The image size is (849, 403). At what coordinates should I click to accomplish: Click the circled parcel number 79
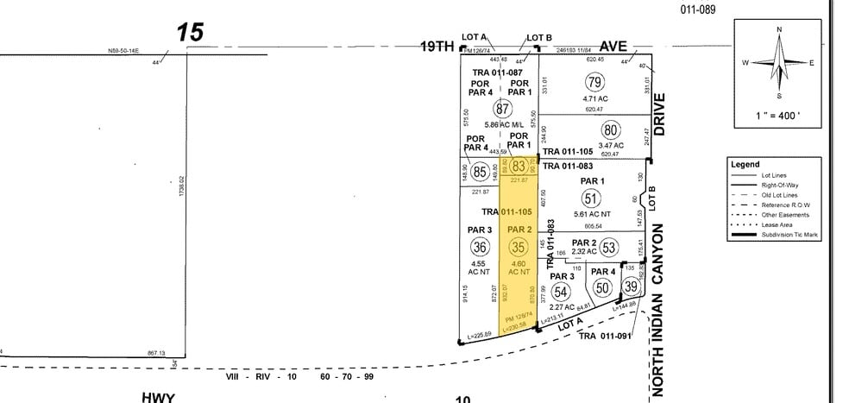click(594, 84)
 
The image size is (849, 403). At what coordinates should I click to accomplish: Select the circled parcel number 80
click(611, 130)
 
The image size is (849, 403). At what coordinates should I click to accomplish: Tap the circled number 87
click(501, 110)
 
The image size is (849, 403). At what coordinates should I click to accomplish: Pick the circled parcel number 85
click(480, 172)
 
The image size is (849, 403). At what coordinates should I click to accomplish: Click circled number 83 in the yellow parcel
click(519, 166)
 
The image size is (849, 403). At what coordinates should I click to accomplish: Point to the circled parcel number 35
click(519, 246)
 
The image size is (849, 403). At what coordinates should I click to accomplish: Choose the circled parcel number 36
click(481, 247)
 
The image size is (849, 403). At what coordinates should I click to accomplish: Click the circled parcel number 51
click(593, 198)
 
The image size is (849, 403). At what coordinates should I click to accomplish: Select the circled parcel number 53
click(609, 248)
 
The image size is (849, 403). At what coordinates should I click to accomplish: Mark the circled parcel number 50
click(603, 287)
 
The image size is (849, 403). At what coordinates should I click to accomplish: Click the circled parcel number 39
click(631, 287)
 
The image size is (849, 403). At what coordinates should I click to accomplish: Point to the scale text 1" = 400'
click(780, 114)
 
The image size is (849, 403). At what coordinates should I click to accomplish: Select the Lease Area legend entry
click(777, 224)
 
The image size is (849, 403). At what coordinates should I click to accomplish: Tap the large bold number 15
click(191, 33)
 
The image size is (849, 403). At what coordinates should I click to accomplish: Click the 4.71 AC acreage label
click(594, 99)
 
